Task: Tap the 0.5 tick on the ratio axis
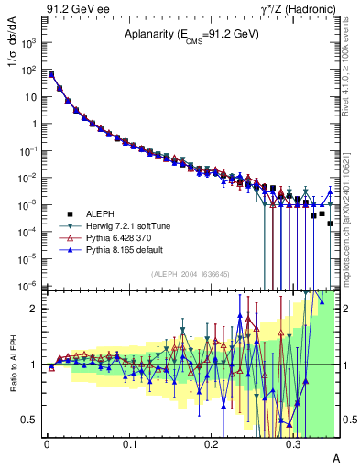click(x=33, y=420)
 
